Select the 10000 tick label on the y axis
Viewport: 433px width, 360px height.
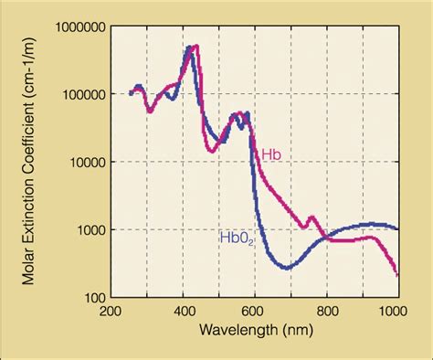[x=82, y=163]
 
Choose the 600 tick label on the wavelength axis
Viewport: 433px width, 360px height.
[x=255, y=311]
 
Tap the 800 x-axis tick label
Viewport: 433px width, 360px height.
[x=327, y=311]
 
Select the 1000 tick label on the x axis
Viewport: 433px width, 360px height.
[x=396, y=311]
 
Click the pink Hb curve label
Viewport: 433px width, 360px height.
[x=270, y=155]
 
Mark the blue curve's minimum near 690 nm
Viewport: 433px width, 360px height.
[x=286, y=268]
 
